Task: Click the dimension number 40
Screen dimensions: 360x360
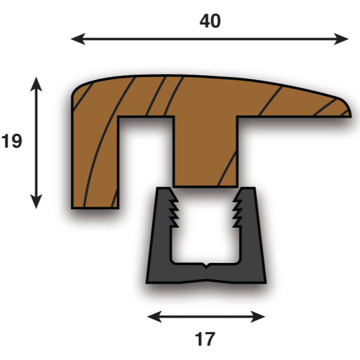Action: click(x=210, y=21)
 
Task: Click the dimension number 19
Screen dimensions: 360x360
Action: click(x=11, y=141)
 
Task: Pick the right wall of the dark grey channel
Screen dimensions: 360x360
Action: click(x=251, y=235)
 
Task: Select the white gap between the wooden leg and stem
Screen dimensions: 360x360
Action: click(x=146, y=159)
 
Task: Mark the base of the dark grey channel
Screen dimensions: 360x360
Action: click(x=205, y=275)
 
